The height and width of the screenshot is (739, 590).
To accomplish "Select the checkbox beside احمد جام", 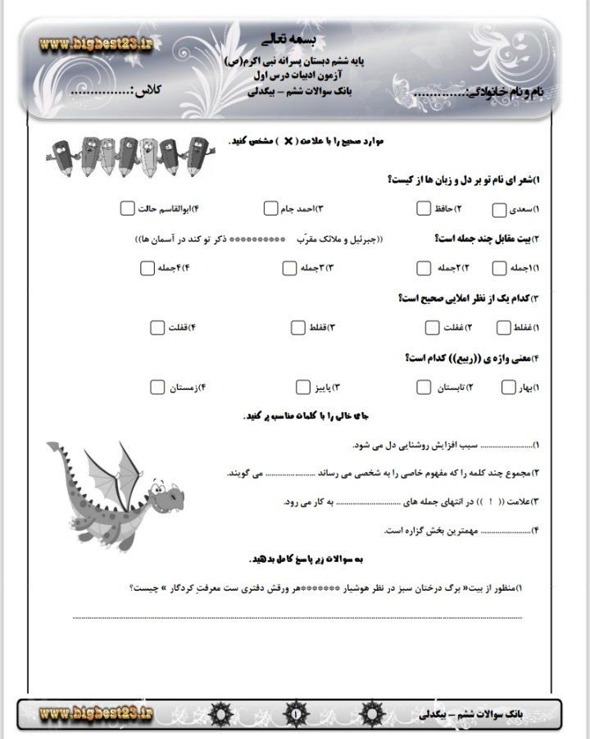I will [272, 209].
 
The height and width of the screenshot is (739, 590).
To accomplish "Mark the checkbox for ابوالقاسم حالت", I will [126, 209].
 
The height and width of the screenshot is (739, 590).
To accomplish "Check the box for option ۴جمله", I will [147, 268].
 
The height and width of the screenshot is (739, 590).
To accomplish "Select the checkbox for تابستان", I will [424, 387].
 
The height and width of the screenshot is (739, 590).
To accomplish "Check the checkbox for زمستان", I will [158, 387].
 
